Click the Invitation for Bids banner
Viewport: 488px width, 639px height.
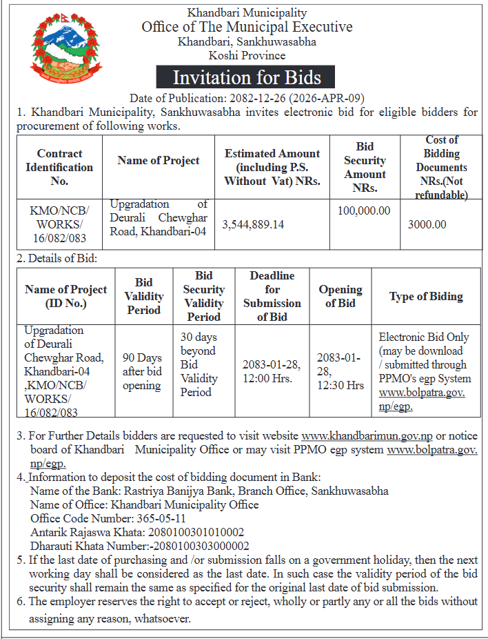click(x=247, y=76)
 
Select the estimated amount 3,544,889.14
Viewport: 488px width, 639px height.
click(x=253, y=224)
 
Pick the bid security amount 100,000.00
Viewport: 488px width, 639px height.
click(x=364, y=210)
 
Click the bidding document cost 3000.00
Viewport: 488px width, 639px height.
click(x=427, y=224)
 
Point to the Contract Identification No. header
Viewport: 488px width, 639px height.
click(x=59, y=167)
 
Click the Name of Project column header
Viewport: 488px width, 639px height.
click(x=159, y=160)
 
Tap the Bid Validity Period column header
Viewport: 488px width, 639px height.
click(x=143, y=296)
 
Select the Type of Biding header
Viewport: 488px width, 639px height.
click(x=426, y=296)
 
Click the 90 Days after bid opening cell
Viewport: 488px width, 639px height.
click(x=142, y=371)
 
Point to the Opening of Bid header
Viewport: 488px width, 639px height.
click(x=340, y=296)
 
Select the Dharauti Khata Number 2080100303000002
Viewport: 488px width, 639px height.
click(x=201, y=546)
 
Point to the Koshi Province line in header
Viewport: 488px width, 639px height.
click(x=247, y=55)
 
